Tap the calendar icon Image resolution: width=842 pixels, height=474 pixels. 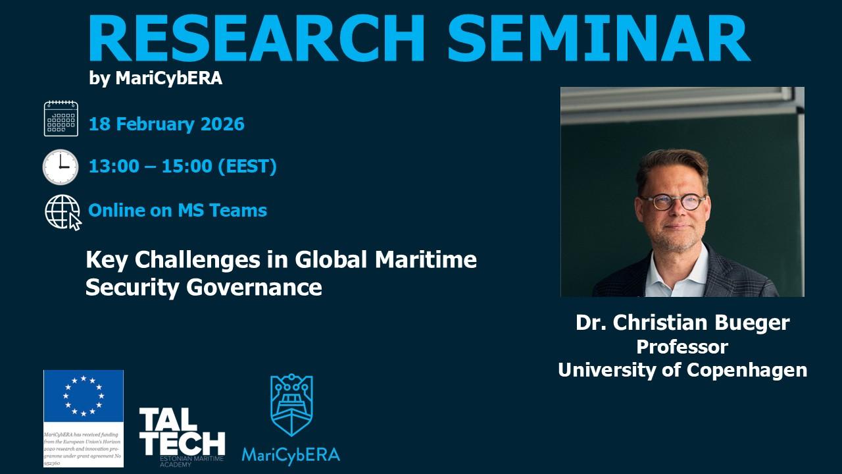(61, 118)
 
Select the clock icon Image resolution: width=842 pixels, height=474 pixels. (61, 167)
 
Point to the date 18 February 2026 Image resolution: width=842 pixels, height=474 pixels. (166, 124)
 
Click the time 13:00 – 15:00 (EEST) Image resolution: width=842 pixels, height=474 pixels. (182, 167)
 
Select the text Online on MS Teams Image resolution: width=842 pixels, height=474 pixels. (178, 211)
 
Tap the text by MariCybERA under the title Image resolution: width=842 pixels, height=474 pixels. (155, 78)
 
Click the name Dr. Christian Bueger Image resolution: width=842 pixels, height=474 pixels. (682, 323)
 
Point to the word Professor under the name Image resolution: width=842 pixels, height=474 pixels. (682, 346)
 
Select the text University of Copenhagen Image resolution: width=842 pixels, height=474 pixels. (682, 370)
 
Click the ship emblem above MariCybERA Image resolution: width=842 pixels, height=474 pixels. (291, 406)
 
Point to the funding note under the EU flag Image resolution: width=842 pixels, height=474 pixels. (84, 448)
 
